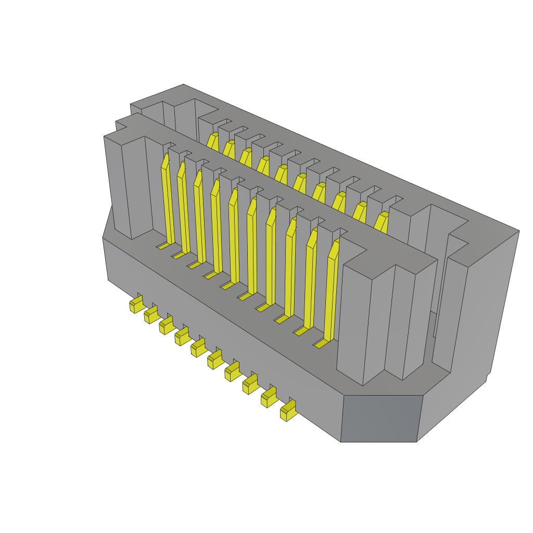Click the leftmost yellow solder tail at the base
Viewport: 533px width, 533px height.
(x=136, y=304)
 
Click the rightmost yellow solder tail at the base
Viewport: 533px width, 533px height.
(x=287, y=412)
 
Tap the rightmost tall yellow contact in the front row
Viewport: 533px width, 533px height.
(x=331, y=291)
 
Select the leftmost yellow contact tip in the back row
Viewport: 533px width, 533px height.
(x=212, y=141)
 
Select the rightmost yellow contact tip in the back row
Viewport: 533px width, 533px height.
(x=382, y=222)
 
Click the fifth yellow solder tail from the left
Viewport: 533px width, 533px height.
(x=198, y=348)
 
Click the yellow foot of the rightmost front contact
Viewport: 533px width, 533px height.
(x=321, y=344)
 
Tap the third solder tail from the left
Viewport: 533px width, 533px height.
(x=167, y=326)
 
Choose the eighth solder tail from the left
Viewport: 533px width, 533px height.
(x=250, y=385)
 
